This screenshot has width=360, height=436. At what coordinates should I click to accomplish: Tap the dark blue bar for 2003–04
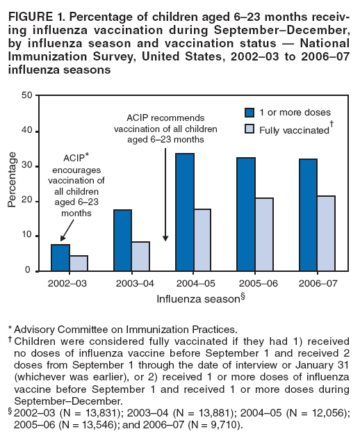tap(122, 240)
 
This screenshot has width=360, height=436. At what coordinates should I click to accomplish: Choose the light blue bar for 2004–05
tap(202, 239)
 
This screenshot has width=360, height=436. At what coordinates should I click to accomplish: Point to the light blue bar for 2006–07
tap(326, 233)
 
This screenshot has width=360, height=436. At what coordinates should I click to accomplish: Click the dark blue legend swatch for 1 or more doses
tap(250, 112)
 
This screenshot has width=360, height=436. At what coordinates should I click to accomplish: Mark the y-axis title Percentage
tap(12, 183)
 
